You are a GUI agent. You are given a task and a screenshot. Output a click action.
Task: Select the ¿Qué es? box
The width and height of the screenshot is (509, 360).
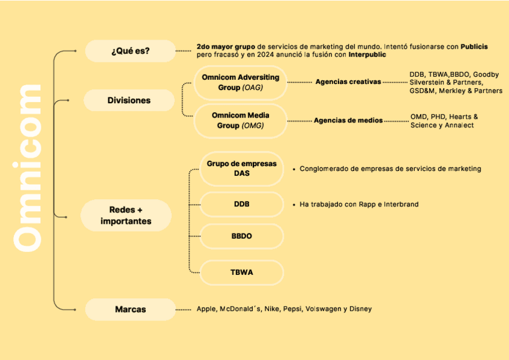pyautogui.click(x=130, y=51)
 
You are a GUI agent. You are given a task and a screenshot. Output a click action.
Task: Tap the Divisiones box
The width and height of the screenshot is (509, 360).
pyautogui.click(x=128, y=100)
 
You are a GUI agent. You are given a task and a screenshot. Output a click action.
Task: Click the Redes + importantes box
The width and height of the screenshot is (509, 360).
pyautogui.click(x=126, y=215)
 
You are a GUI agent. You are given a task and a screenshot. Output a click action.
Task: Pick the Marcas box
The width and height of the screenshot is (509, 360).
pyautogui.click(x=130, y=310)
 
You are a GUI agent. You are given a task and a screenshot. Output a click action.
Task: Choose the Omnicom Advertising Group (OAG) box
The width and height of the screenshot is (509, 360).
pyautogui.click(x=240, y=82)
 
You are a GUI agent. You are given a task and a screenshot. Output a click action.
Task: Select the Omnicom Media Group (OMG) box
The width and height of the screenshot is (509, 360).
pyautogui.click(x=240, y=121)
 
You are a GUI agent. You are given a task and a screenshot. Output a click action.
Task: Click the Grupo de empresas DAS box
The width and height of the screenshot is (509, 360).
pyautogui.click(x=241, y=169)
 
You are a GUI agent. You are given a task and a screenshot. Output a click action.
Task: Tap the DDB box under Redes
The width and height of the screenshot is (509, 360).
pyautogui.click(x=241, y=204)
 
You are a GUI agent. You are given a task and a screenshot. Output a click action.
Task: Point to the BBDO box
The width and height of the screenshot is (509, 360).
pyautogui.click(x=241, y=236)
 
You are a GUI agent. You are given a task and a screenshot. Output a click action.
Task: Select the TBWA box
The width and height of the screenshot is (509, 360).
pyautogui.click(x=241, y=272)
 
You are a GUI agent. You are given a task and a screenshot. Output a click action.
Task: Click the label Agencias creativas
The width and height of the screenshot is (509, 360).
pyautogui.click(x=348, y=82)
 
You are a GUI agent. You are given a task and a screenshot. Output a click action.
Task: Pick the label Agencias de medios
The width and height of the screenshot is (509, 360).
pyautogui.click(x=348, y=121)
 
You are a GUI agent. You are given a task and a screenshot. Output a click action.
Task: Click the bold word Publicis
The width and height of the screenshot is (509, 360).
pyautogui.click(x=474, y=46)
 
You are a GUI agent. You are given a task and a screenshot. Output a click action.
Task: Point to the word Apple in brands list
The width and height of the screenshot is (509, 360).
pyautogui.click(x=206, y=309)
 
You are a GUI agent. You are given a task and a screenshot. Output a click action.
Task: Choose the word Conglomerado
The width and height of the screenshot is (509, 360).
pyautogui.click(x=325, y=169)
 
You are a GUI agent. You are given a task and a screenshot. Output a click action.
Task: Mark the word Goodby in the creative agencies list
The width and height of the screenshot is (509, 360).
pyautogui.click(x=486, y=74)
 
